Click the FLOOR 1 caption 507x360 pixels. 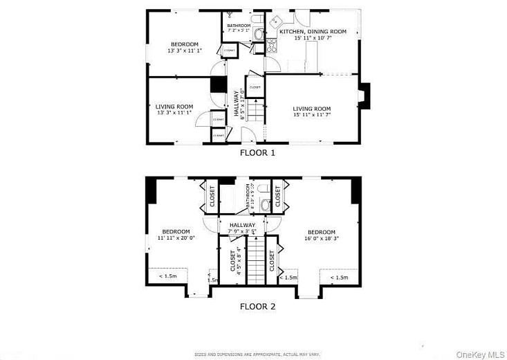tap(257, 153)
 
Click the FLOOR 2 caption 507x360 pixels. tap(257, 305)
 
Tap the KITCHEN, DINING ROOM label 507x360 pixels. tap(312, 32)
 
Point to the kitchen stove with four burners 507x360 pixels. tap(272, 45)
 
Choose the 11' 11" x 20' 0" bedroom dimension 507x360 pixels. tap(176, 238)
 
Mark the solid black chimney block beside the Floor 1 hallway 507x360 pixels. tap(219, 84)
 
